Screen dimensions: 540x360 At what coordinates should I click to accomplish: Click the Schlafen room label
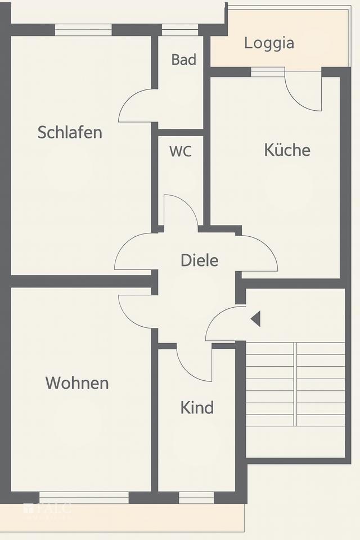[70, 132]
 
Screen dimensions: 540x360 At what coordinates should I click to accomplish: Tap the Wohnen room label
[77, 383]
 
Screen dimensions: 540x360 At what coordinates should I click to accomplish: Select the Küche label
[287, 150]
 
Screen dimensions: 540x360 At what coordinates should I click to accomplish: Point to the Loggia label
[269, 43]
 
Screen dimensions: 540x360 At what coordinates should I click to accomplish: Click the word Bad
[184, 60]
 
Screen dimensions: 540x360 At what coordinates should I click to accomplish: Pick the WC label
[181, 151]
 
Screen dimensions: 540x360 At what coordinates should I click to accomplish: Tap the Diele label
[199, 260]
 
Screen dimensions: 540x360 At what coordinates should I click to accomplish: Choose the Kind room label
[197, 407]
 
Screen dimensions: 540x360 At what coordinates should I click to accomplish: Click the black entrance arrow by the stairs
[255, 319]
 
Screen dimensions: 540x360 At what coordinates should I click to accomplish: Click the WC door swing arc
[181, 211]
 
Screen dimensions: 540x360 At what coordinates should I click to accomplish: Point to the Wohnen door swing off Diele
[135, 309]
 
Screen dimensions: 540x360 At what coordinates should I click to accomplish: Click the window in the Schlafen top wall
[83, 30]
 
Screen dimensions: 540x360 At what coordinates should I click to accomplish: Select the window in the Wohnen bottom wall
[84, 497]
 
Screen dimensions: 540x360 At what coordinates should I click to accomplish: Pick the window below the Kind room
[196, 497]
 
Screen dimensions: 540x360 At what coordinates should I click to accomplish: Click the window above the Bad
[180, 30]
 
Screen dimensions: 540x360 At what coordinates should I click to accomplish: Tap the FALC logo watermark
[48, 510]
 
